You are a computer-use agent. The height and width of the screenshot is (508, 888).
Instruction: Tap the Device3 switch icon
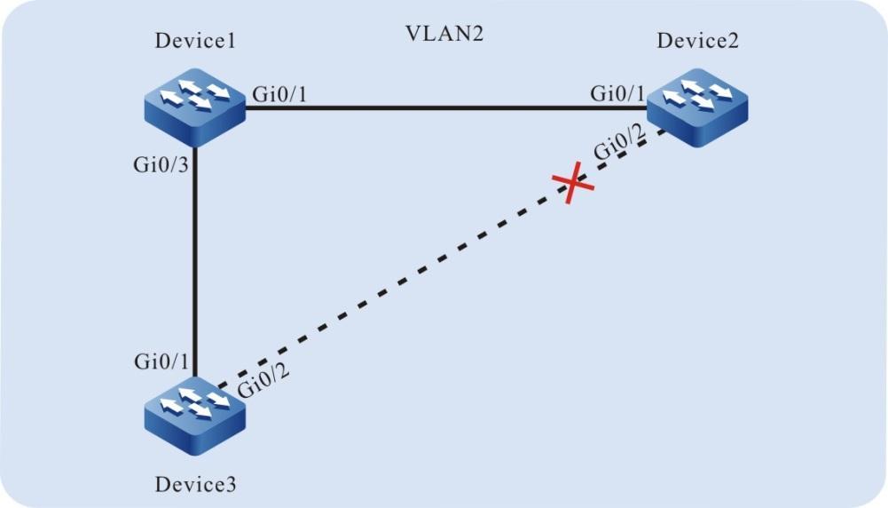[193, 410]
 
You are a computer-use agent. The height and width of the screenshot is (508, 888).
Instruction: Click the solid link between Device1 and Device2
[444, 108]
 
